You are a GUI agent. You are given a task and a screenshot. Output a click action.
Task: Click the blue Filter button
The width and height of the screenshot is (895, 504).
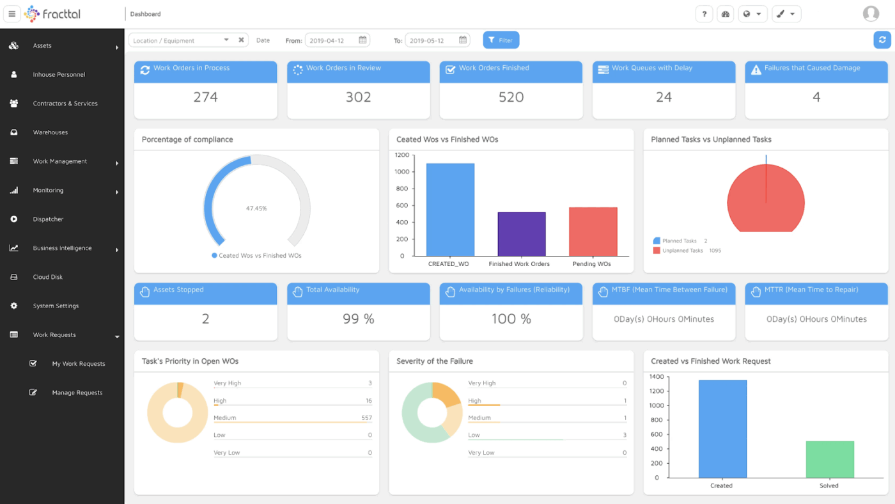(x=501, y=40)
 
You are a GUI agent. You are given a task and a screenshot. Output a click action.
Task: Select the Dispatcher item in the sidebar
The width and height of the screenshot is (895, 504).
(x=48, y=219)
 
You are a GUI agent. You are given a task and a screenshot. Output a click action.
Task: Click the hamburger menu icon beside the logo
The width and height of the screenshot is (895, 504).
(x=12, y=13)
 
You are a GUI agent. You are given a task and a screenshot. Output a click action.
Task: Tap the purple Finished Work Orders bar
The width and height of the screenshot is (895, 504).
(x=522, y=234)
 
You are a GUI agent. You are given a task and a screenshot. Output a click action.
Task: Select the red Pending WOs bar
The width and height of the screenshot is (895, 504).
(x=593, y=232)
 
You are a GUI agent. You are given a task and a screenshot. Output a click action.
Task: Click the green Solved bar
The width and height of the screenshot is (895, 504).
(x=829, y=459)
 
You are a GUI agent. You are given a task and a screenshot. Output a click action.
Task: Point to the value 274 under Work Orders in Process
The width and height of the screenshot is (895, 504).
(x=205, y=97)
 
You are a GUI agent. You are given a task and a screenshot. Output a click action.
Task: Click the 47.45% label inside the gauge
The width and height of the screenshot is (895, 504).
(x=256, y=209)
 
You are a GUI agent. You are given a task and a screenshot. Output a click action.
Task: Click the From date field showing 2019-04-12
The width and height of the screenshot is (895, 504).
(x=336, y=40)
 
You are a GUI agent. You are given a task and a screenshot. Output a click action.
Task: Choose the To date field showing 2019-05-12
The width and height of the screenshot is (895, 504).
(x=437, y=40)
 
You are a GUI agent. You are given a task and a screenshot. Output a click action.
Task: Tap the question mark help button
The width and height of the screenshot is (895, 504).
(x=704, y=14)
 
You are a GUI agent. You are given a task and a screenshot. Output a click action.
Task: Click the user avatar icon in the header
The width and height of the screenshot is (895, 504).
(x=871, y=13)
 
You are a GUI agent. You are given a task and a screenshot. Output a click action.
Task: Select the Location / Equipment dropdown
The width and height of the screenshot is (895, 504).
(x=182, y=40)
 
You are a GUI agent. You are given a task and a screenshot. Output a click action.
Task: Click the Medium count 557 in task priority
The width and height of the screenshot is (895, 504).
(x=366, y=418)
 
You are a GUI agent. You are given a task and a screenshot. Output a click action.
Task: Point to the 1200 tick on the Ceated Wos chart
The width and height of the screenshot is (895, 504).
(x=402, y=155)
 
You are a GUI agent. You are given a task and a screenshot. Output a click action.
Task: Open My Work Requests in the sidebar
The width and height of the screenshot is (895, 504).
(x=78, y=364)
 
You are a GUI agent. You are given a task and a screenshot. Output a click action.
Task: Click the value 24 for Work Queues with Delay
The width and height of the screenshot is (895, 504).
(x=664, y=97)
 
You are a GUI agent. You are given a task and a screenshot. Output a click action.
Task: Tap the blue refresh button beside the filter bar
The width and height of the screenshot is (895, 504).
(x=882, y=40)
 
